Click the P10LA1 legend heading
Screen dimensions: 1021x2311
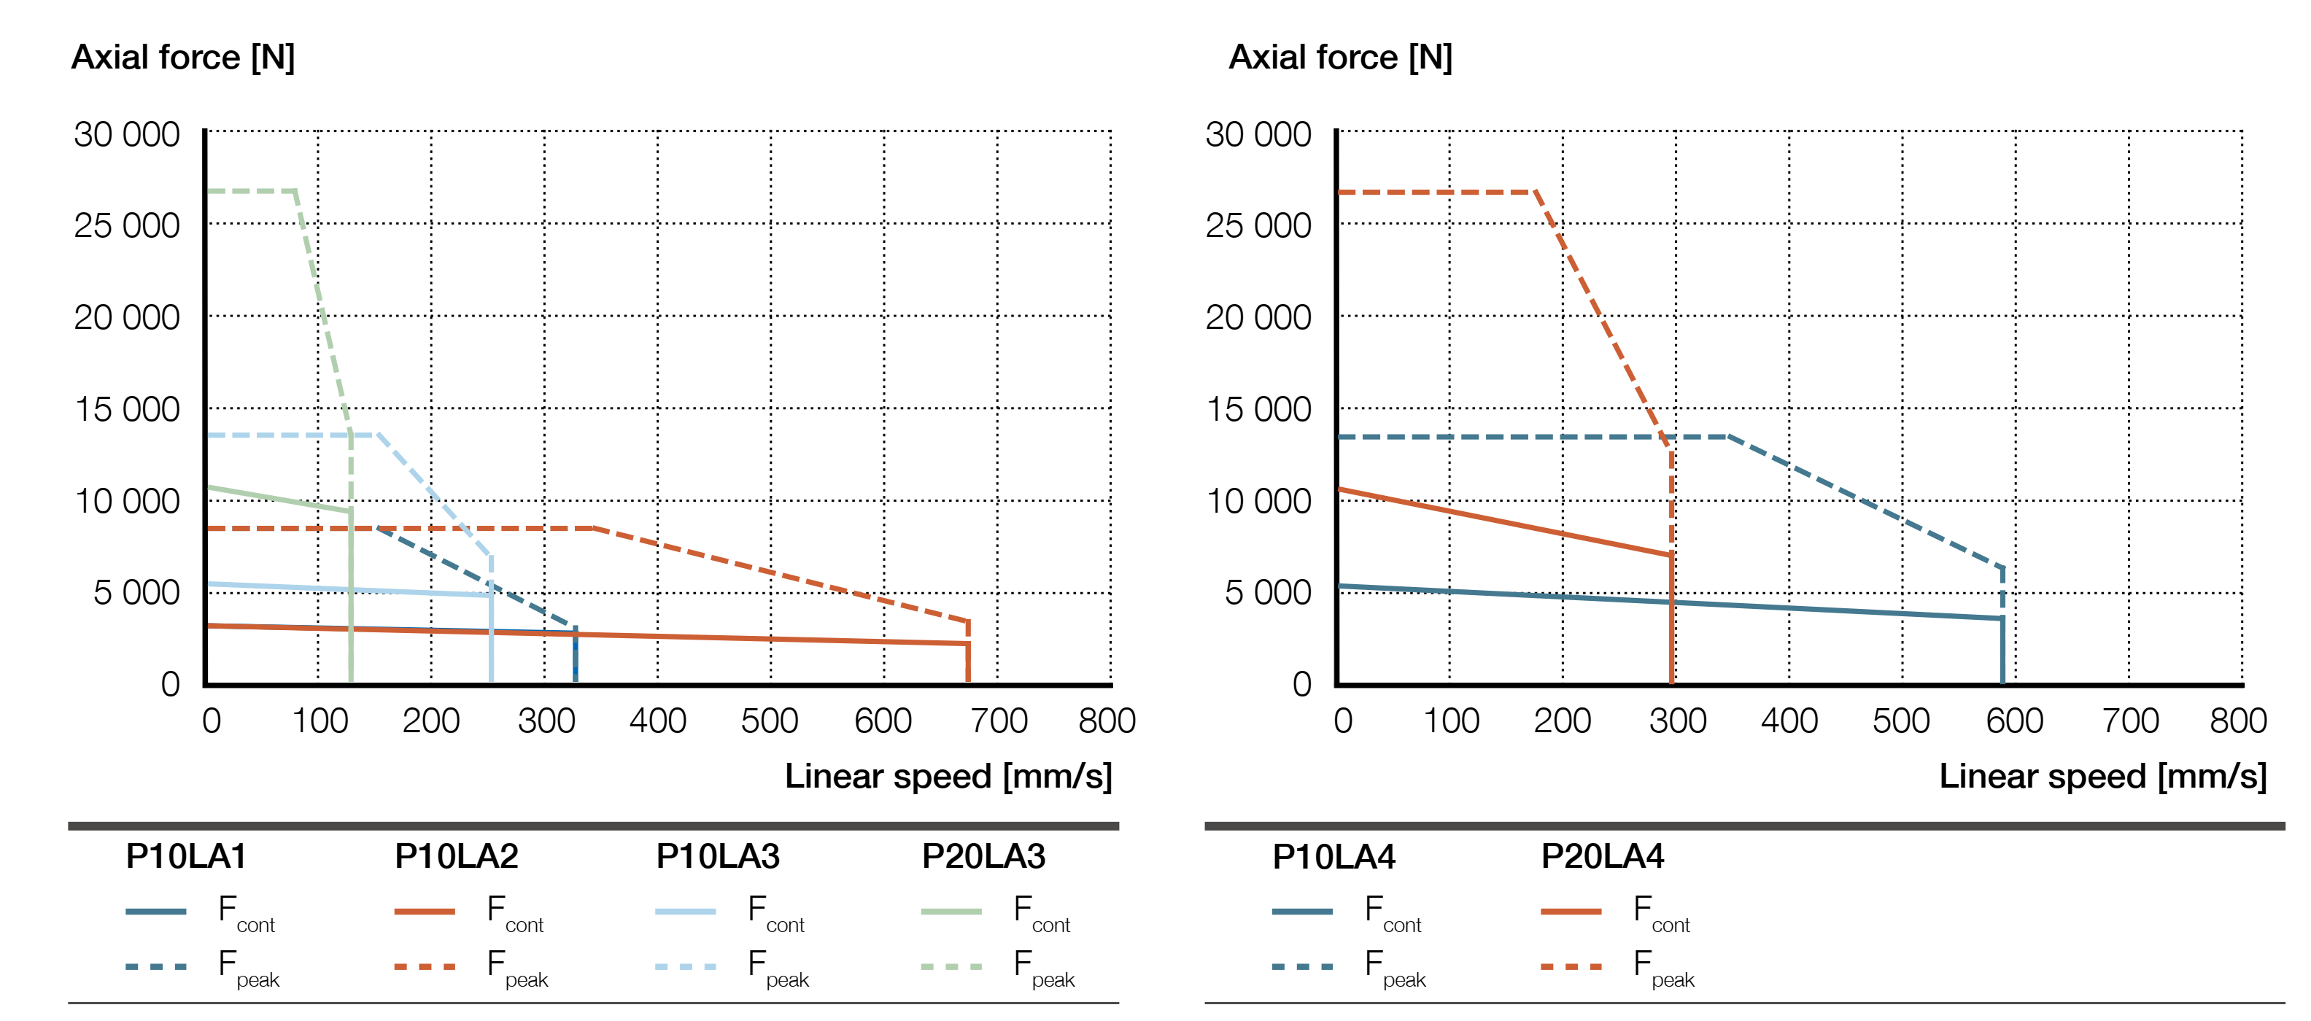tap(186, 857)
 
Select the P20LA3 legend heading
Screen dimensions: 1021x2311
tap(983, 857)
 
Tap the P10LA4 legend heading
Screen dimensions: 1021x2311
tap(1333, 857)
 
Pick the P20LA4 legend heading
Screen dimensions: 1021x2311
tap(1602, 857)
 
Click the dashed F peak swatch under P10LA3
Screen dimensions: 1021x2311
tap(686, 966)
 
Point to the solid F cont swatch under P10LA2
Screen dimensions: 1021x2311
tap(425, 912)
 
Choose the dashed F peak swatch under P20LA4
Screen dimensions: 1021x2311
tap(1571, 966)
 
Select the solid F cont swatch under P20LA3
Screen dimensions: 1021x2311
tap(951, 912)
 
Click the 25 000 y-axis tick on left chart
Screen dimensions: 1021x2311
tap(126, 225)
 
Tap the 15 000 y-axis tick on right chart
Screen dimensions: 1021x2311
tap(1258, 409)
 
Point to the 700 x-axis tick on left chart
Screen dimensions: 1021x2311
tap(999, 721)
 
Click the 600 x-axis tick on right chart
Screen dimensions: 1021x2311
tap(2014, 721)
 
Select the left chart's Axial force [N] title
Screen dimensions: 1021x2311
tap(183, 58)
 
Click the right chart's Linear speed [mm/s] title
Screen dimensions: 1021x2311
tap(2102, 776)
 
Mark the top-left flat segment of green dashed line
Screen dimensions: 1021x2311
tap(251, 191)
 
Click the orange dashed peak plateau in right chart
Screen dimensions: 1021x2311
tap(1436, 192)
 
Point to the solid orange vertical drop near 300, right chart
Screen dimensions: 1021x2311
tap(1671, 619)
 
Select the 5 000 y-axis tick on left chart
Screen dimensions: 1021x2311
tap(136, 592)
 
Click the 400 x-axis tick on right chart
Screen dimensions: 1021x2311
tap(1789, 721)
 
